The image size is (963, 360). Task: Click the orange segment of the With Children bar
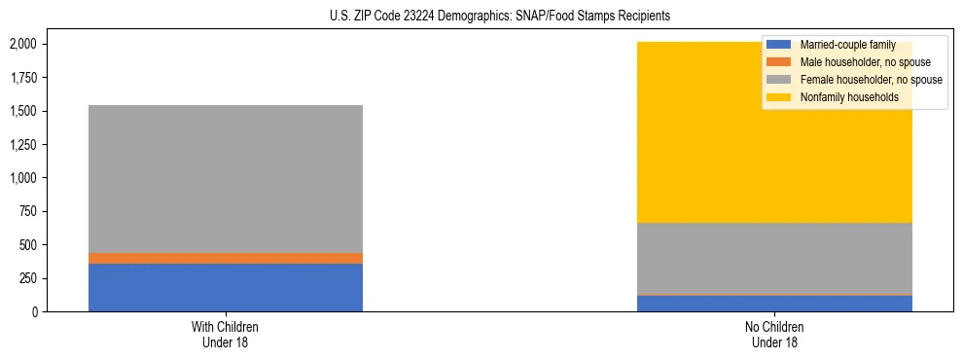(x=226, y=258)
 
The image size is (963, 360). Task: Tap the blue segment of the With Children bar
(x=226, y=287)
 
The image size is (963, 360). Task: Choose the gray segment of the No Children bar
(x=774, y=258)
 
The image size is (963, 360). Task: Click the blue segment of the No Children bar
(x=774, y=303)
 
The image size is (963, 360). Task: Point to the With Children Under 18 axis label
(x=226, y=334)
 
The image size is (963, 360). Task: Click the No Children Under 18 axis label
(x=774, y=334)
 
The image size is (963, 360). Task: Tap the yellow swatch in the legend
(x=779, y=97)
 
